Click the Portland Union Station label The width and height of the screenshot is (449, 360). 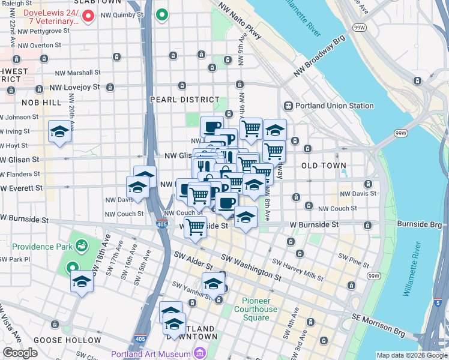coord(336,106)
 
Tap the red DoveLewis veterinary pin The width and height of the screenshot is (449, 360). coord(88,16)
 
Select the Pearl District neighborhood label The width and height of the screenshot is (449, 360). coord(184,100)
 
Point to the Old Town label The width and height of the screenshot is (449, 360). coord(324,165)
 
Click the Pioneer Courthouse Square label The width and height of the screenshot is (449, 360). coord(260,305)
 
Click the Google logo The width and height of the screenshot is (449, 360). coord(19,353)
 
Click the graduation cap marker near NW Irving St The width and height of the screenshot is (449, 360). coord(59,131)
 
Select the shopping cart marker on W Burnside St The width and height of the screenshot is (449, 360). coord(196,227)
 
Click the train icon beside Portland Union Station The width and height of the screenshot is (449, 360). coord(288,106)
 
